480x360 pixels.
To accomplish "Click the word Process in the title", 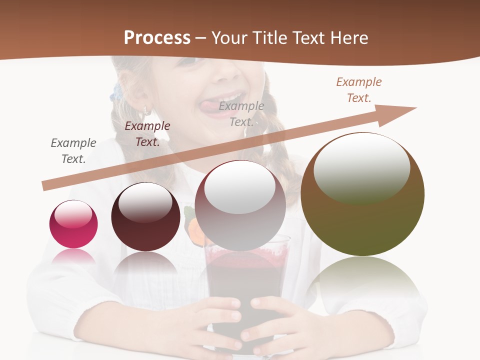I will pyautogui.click(x=157, y=38).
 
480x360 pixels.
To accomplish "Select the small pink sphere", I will pyautogui.click(x=73, y=224).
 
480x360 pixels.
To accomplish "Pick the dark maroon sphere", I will pyautogui.click(x=145, y=217).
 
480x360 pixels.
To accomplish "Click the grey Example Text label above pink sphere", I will pyautogui.click(x=73, y=150).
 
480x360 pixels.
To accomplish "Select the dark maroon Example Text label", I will pyautogui.click(x=147, y=133).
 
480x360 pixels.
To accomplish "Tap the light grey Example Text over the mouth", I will pyautogui.click(x=241, y=113).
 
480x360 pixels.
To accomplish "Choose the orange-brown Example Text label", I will pyautogui.click(x=359, y=89).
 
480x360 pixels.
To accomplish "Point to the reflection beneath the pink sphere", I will pyautogui.click(x=73, y=257).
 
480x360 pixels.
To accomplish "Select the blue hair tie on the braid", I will pyautogui.click(x=117, y=92).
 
